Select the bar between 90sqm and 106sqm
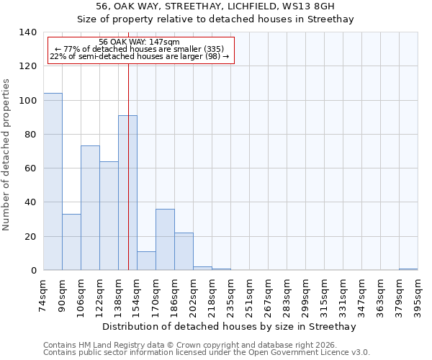tap(71, 242)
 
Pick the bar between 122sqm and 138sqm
tap(109, 216)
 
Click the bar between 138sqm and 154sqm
tap(127, 193)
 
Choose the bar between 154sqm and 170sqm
tap(146, 261)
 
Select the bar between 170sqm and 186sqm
tap(165, 240)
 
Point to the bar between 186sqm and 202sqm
tap(184, 251)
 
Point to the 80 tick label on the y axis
tap(30, 135)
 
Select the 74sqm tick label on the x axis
tap(43, 295)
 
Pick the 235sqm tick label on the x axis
tap(230, 295)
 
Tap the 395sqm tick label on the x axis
tap(418, 295)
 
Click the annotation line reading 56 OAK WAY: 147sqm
tap(139, 42)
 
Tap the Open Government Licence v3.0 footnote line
tap(207, 353)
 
